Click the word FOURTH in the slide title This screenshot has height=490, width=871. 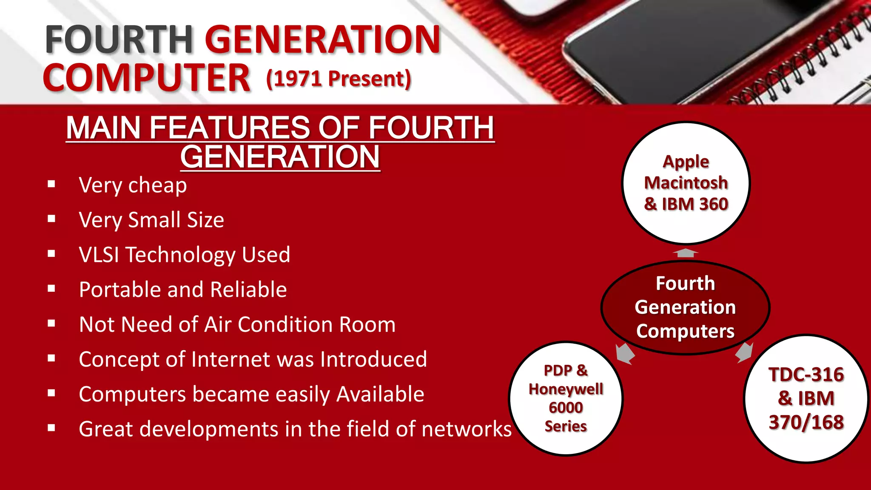coord(119,39)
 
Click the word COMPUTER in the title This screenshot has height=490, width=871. coord(146,78)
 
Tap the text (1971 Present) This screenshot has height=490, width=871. coord(339,79)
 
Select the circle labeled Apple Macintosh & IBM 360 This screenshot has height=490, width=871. coord(686,183)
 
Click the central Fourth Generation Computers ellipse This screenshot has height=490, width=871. coord(685,307)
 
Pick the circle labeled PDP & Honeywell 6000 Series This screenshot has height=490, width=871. coord(566,398)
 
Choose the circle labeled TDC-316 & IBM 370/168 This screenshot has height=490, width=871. coord(806,398)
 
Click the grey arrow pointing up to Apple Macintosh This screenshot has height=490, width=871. coord(685,253)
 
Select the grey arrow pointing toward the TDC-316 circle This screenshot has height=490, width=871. coord(745,353)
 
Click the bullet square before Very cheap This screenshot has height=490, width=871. coord(51,185)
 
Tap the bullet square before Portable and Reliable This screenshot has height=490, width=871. coord(51,289)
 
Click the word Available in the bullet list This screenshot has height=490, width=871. coord(380,394)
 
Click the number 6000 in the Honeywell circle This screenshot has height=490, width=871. coord(566,407)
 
